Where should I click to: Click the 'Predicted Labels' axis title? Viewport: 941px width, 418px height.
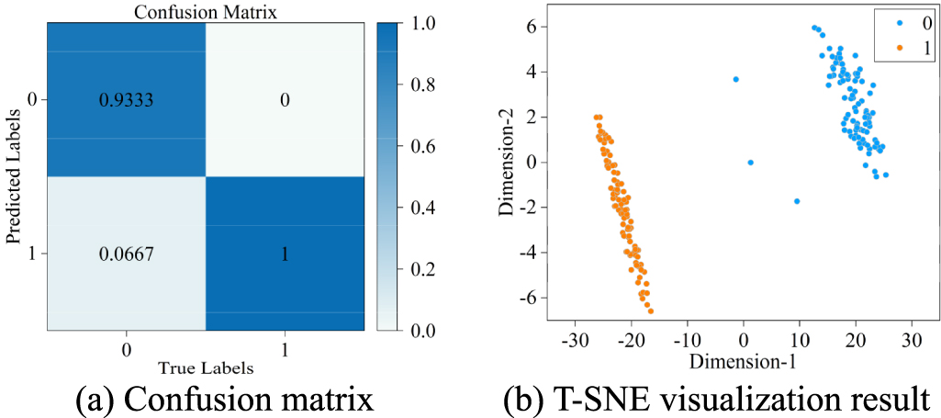tap(13, 174)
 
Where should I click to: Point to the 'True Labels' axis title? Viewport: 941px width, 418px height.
tap(205, 367)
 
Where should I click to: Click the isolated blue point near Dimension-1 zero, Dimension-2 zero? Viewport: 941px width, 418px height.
tap(750, 163)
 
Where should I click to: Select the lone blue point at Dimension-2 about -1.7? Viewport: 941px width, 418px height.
tap(797, 201)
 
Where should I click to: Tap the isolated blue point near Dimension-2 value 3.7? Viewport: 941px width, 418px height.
tap(735, 80)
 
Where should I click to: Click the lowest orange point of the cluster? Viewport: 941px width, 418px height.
tap(651, 311)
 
